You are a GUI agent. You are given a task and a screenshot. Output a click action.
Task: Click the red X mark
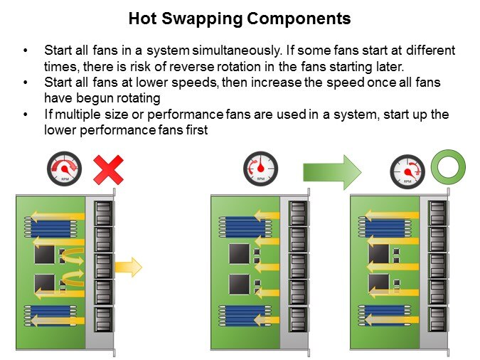coord(108,169)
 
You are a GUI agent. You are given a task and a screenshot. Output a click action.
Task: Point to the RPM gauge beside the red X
coord(64,170)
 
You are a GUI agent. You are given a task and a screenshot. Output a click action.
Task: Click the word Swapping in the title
coord(201,19)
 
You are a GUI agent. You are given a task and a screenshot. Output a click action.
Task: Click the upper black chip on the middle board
coord(240,253)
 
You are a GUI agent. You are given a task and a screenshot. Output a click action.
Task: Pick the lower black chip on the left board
coord(45,283)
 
